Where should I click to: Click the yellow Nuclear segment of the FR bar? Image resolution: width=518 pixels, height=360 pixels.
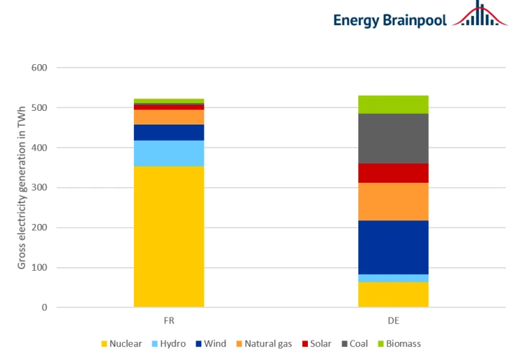point(169,237)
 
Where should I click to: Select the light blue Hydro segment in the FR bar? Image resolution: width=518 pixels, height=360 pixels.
point(169,153)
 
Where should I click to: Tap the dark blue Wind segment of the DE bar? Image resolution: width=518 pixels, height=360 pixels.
point(393,247)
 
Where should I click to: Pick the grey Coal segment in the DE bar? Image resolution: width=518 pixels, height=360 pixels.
point(393,138)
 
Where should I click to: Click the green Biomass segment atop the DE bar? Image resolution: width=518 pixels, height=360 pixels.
point(393,104)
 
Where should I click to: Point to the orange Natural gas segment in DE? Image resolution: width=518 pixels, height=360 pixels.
point(393,201)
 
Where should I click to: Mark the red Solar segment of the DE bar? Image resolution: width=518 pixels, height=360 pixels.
point(393,173)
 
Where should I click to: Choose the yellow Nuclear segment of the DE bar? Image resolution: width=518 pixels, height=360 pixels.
point(393,294)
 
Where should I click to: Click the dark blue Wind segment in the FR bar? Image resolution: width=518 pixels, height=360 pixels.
point(169,132)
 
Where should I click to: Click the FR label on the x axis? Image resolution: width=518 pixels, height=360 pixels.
point(169,319)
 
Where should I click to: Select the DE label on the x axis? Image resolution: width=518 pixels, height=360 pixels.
point(393,319)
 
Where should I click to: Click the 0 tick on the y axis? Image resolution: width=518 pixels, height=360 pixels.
point(45,307)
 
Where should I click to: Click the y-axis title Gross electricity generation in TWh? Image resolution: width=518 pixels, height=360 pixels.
point(22,187)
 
